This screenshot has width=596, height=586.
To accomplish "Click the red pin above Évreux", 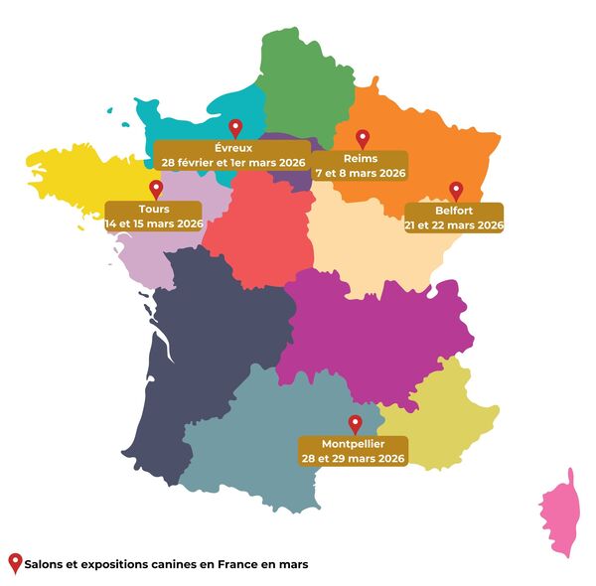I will [235, 127].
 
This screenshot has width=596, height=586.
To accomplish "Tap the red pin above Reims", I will [363, 138].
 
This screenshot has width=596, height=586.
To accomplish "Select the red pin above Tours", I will [155, 189].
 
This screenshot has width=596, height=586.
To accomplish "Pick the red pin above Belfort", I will [456, 190].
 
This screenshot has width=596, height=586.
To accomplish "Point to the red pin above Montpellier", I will [356, 423].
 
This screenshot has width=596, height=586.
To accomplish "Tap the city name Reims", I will [361, 158].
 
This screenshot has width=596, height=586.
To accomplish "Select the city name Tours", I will [155, 210].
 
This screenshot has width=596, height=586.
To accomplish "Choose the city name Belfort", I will [454, 211].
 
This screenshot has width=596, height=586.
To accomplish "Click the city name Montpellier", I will [353, 443].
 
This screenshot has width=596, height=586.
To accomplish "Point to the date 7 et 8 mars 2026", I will [361, 173].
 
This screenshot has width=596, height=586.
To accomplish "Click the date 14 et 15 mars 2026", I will [154, 224].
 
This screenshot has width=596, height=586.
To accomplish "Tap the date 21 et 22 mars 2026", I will [454, 225].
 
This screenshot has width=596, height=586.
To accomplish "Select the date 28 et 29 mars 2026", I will [353, 458].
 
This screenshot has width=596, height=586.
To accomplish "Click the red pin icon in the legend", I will [15, 562].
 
